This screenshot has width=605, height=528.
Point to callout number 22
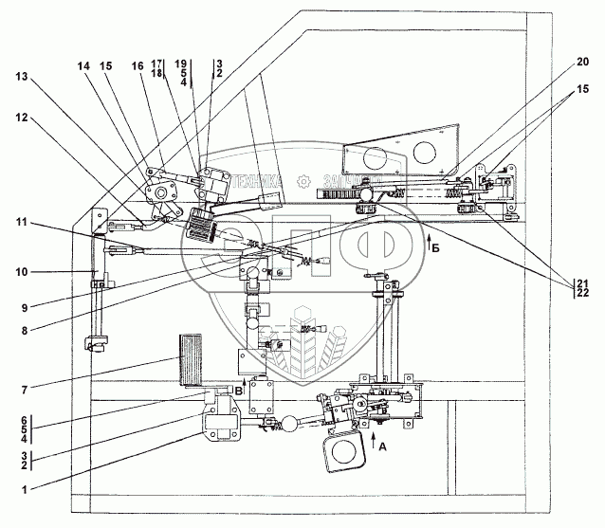pyautogui.click(x=582, y=294)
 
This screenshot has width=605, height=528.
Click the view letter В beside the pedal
pyautogui.click(x=239, y=389)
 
